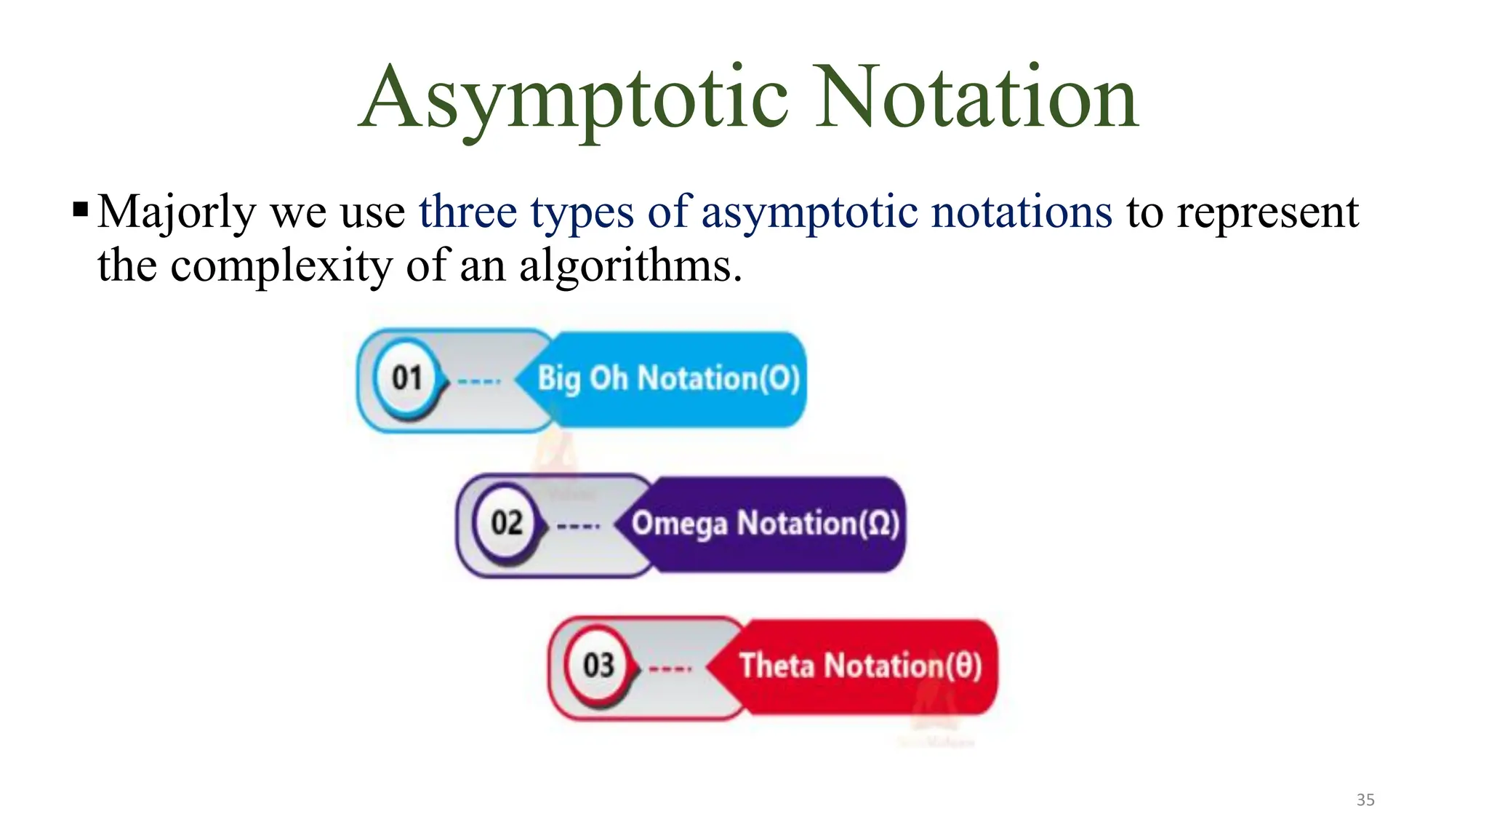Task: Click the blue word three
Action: pyautogui.click(x=467, y=212)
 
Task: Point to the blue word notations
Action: pyautogui.click(x=1022, y=212)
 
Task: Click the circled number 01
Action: pyautogui.click(x=407, y=378)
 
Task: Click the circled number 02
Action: pyautogui.click(x=507, y=522)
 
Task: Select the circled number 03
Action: pyautogui.click(x=598, y=665)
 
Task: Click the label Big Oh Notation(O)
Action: pyautogui.click(x=668, y=378)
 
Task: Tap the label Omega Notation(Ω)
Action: pyautogui.click(x=765, y=523)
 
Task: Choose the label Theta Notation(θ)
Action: pyautogui.click(x=860, y=666)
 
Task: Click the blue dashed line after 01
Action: pyautogui.click(x=479, y=380)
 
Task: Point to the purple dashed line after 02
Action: pyautogui.click(x=579, y=525)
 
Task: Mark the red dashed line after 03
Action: pyautogui.click(x=670, y=669)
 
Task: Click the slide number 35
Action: pyautogui.click(x=1365, y=799)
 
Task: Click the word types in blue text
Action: pyautogui.click(x=582, y=212)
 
